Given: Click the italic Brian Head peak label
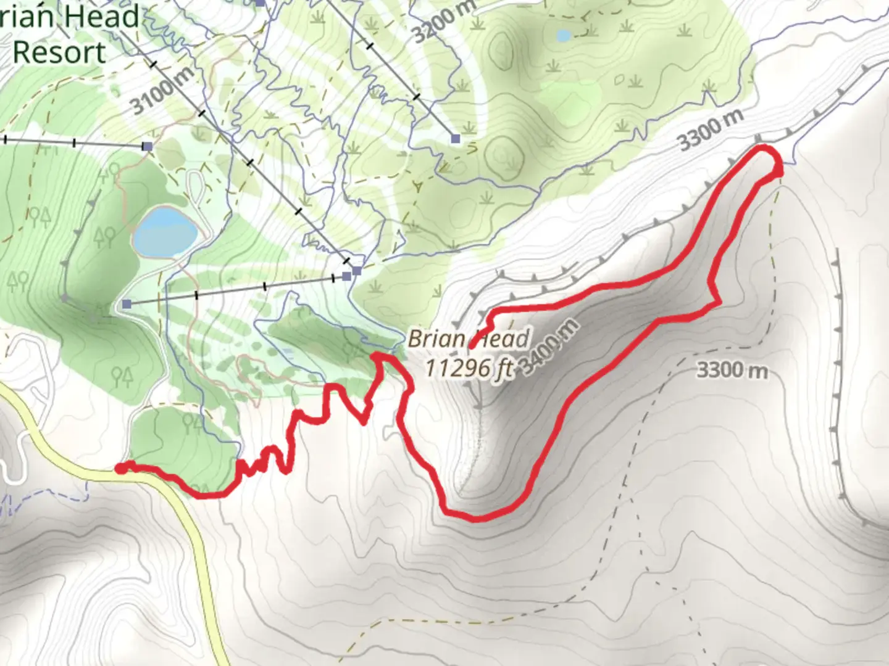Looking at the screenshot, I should click(x=469, y=339).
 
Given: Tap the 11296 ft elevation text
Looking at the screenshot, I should click(x=469, y=368).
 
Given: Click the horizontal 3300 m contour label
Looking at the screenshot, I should click(x=732, y=371).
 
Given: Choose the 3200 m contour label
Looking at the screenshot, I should click(x=443, y=22).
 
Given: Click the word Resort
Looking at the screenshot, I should click(x=59, y=52).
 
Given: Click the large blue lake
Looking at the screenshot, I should click(x=164, y=232).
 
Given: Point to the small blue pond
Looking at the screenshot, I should click(x=563, y=36).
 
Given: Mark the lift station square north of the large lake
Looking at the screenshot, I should click(x=147, y=146).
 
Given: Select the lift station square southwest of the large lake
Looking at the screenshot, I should click(x=127, y=304).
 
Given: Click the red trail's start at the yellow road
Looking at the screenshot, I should click(x=121, y=469).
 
